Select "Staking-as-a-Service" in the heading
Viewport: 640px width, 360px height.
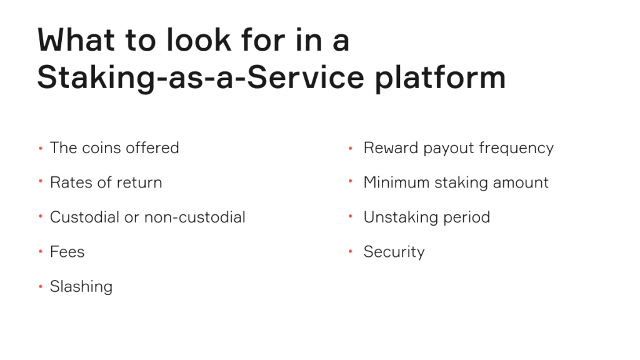click(x=201, y=78)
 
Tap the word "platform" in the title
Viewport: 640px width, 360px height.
click(x=441, y=78)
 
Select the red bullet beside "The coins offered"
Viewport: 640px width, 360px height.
click(x=41, y=148)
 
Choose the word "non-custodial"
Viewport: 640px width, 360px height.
click(x=195, y=217)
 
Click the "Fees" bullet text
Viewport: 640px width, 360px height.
click(x=67, y=252)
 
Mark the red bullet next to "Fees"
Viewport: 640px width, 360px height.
click(x=41, y=252)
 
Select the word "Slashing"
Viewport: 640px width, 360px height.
click(x=81, y=286)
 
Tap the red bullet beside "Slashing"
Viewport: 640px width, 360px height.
click(x=41, y=286)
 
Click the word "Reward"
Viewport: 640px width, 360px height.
click(x=391, y=147)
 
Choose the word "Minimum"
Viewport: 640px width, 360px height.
click(x=396, y=182)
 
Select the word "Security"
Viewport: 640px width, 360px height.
click(x=394, y=252)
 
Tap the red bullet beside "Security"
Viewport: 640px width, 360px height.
click(x=350, y=252)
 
